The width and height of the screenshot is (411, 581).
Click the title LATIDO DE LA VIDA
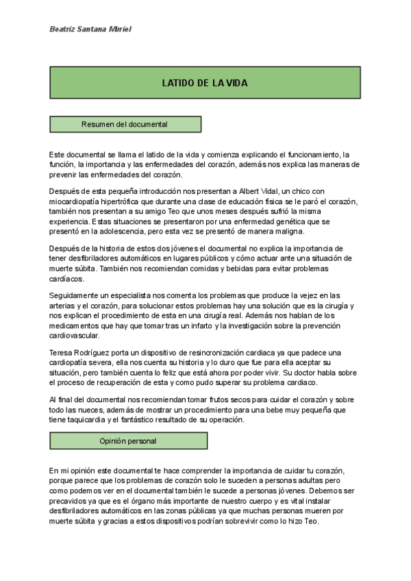pyautogui.click(x=205, y=83)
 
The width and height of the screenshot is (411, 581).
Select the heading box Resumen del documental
pyautogui.click(x=125, y=124)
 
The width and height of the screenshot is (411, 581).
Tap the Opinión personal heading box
pyautogui.click(x=128, y=441)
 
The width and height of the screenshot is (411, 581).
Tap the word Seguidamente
pyautogui.click(x=75, y=295)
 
